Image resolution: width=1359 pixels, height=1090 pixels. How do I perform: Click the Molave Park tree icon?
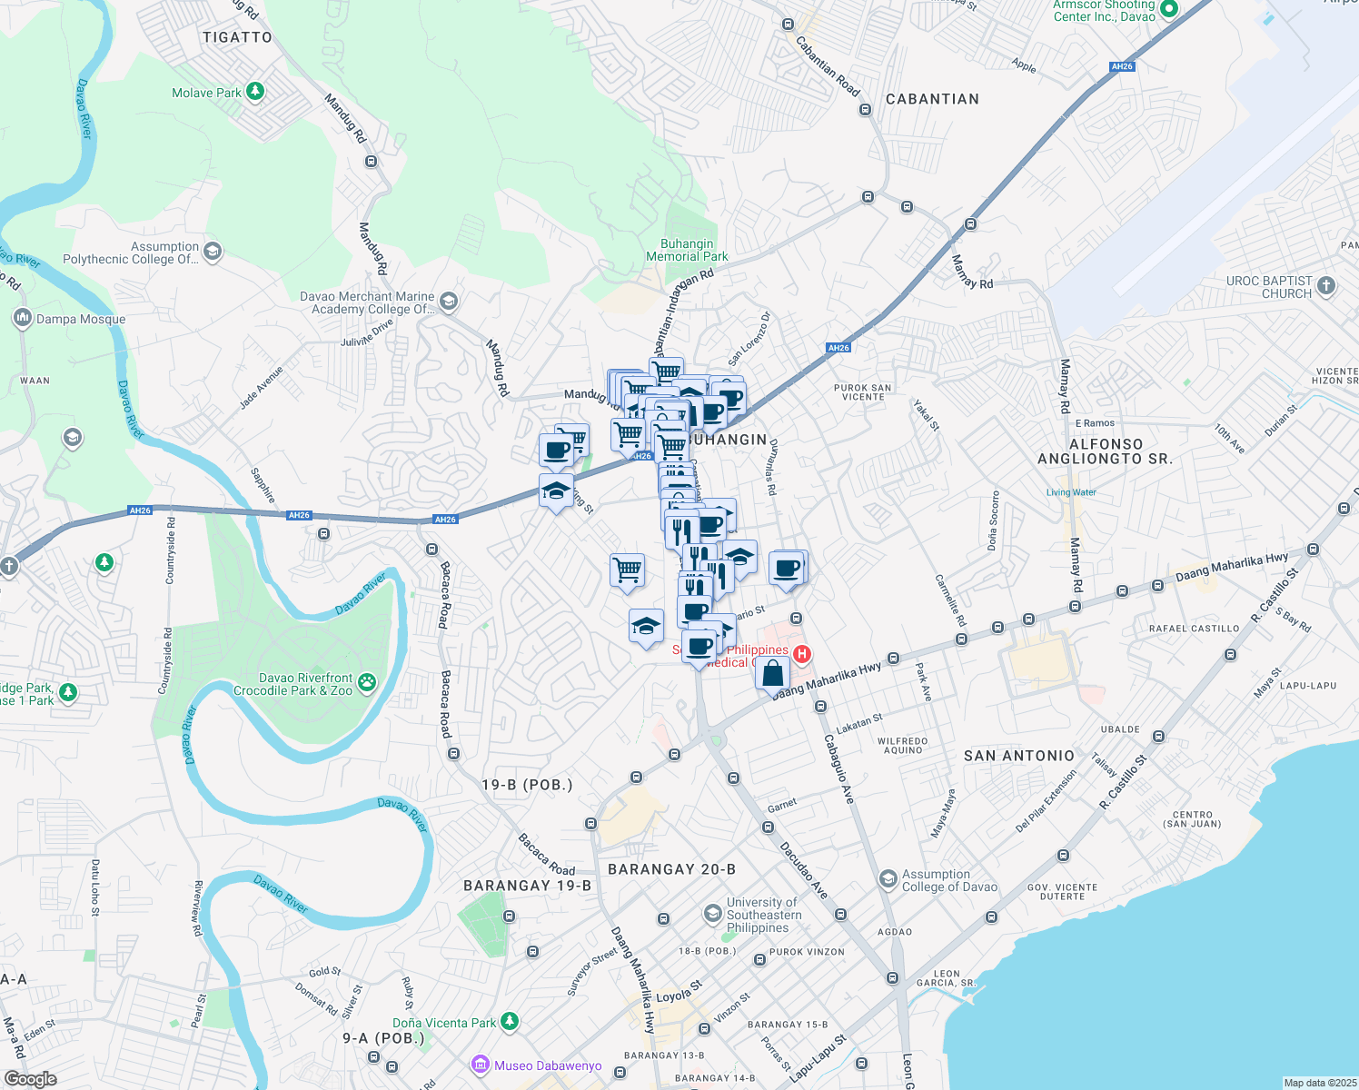[256, 92]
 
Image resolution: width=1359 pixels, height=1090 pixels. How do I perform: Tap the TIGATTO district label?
[237, 37]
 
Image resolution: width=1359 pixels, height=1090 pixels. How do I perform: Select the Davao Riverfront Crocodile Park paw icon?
[367, 683]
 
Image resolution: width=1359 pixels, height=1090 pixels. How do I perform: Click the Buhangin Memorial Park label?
[687, 251]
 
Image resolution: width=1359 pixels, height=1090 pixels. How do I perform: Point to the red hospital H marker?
[802, 654]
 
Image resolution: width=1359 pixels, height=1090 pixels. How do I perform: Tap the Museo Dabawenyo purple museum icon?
[481, 1065]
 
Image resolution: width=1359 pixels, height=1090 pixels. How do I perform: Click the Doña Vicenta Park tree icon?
[510, 1022]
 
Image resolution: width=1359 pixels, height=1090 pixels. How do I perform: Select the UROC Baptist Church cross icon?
[1326, 287]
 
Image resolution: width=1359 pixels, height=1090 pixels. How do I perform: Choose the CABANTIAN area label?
[932, 99]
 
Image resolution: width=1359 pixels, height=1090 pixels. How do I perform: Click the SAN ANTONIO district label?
[1018, 756]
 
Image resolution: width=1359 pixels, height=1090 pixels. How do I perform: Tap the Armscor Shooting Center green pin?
[1169, 10]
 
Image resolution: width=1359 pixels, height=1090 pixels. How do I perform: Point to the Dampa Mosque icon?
[22, 319]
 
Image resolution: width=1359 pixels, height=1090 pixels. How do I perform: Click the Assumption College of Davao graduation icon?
[888, 879]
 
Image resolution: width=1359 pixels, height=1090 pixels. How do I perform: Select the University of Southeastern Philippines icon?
[714, 913]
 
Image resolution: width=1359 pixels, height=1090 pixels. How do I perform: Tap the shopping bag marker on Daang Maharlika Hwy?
[772, 675]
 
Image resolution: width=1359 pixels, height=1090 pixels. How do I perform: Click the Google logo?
[30, 1078]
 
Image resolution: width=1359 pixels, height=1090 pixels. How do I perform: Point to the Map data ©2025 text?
[1319, 1083]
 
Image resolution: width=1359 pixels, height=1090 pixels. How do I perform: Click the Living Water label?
[1071, 492]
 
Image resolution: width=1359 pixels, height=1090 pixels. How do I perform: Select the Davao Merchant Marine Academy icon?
[449, 302]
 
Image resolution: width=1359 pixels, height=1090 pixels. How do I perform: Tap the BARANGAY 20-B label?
[671, 869]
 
